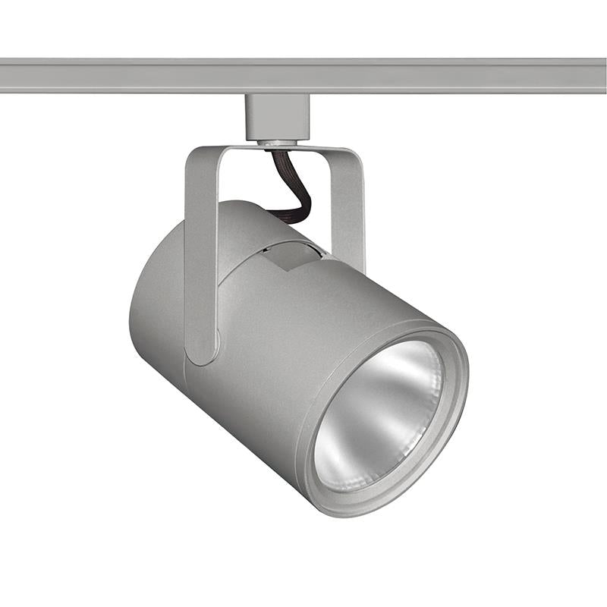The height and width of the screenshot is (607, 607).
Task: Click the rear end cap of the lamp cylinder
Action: (152, 303)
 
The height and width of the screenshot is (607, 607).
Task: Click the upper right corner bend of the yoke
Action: (354, 156)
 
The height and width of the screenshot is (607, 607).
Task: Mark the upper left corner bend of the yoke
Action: (194, 156)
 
